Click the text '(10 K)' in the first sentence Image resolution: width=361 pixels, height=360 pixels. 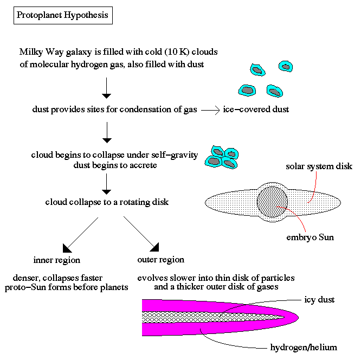pyautogui.click(x=177, y=52)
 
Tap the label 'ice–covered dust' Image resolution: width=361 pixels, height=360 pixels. pyautogui.click(x=256, y=109)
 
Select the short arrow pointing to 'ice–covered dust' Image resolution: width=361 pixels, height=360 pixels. pyautogui.click(x=210, y=110)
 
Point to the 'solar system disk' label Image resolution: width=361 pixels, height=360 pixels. pyautogui.click(x=319, y=166)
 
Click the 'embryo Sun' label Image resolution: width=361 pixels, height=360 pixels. pyautogui.click(x=310, y=237)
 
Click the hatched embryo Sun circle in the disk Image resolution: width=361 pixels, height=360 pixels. pyautogui.click(x=272, y=202)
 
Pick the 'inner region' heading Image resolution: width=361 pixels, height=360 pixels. pyautogui.click(x=56, y=260)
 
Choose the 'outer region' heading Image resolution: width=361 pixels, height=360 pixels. pyautogui.click(x=160, y=260)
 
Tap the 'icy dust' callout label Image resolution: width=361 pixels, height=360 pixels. pyautogui.click(x=319, y=300)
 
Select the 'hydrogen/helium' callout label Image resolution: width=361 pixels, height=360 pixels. pyautogui.click(x=304, y=348)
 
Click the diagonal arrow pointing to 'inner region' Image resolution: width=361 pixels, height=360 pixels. pyautogui.click(x=80, y=235)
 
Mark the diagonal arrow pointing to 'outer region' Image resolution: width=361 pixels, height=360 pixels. pyautogui.click(x=141, y=234)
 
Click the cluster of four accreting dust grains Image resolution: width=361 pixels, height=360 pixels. pyautogui.click(x=222, y=157)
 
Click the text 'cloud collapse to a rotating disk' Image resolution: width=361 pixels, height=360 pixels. pyautogui.click(x=107, y=202)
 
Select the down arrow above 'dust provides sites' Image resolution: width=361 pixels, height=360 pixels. pyautogui.click(x=106, y=88)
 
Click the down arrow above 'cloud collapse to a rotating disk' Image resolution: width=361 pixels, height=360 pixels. pyautogui.click(x=106, y=184)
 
